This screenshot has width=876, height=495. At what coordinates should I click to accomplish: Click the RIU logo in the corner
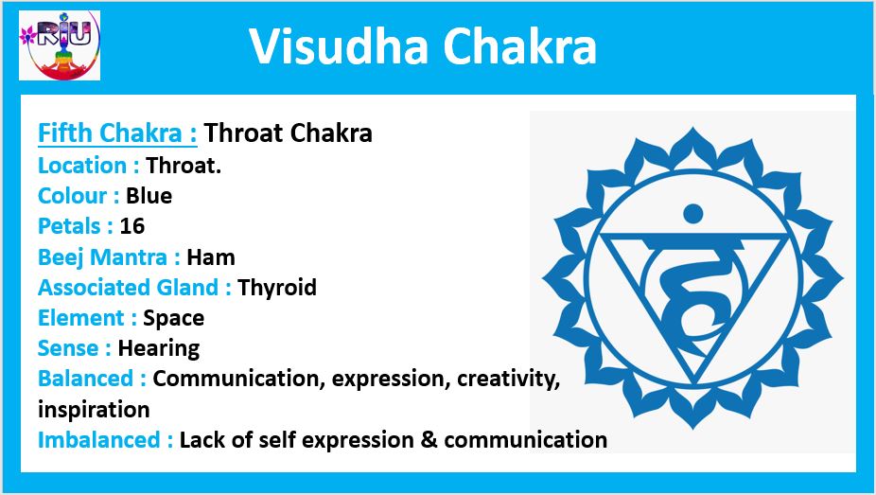click(x=60, y=45)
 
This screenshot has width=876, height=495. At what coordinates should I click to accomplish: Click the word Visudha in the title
click(x=339, y=46)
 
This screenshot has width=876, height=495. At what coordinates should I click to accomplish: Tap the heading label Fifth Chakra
click(x=117, y=133)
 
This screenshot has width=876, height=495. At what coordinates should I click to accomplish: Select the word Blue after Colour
click(x=149, y=196)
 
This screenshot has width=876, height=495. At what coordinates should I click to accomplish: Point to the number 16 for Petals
click(x=132, y=225)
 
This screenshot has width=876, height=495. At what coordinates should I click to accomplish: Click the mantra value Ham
click(x=211, y=257)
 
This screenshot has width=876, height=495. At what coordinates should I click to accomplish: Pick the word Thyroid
click(x=277, y=288)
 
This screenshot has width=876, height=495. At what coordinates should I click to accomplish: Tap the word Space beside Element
click(x=174, y=318)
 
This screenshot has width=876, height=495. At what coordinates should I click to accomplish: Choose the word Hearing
click(x=159, y=348)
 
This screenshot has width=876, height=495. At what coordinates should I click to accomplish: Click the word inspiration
click(x=94, y=410)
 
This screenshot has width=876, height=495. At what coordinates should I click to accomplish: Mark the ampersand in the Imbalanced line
click(x=429, y=440)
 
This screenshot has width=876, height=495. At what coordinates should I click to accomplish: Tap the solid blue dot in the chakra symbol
click(x=693, y=213)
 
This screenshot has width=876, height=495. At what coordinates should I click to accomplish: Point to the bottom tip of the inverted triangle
click(x=694, y=384)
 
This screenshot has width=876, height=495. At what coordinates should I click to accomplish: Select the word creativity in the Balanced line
click(x=508, y=379)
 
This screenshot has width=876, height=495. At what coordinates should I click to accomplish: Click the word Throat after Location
click(x=184, y=166)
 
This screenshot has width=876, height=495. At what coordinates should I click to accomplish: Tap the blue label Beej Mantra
click(x=109, y=257)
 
